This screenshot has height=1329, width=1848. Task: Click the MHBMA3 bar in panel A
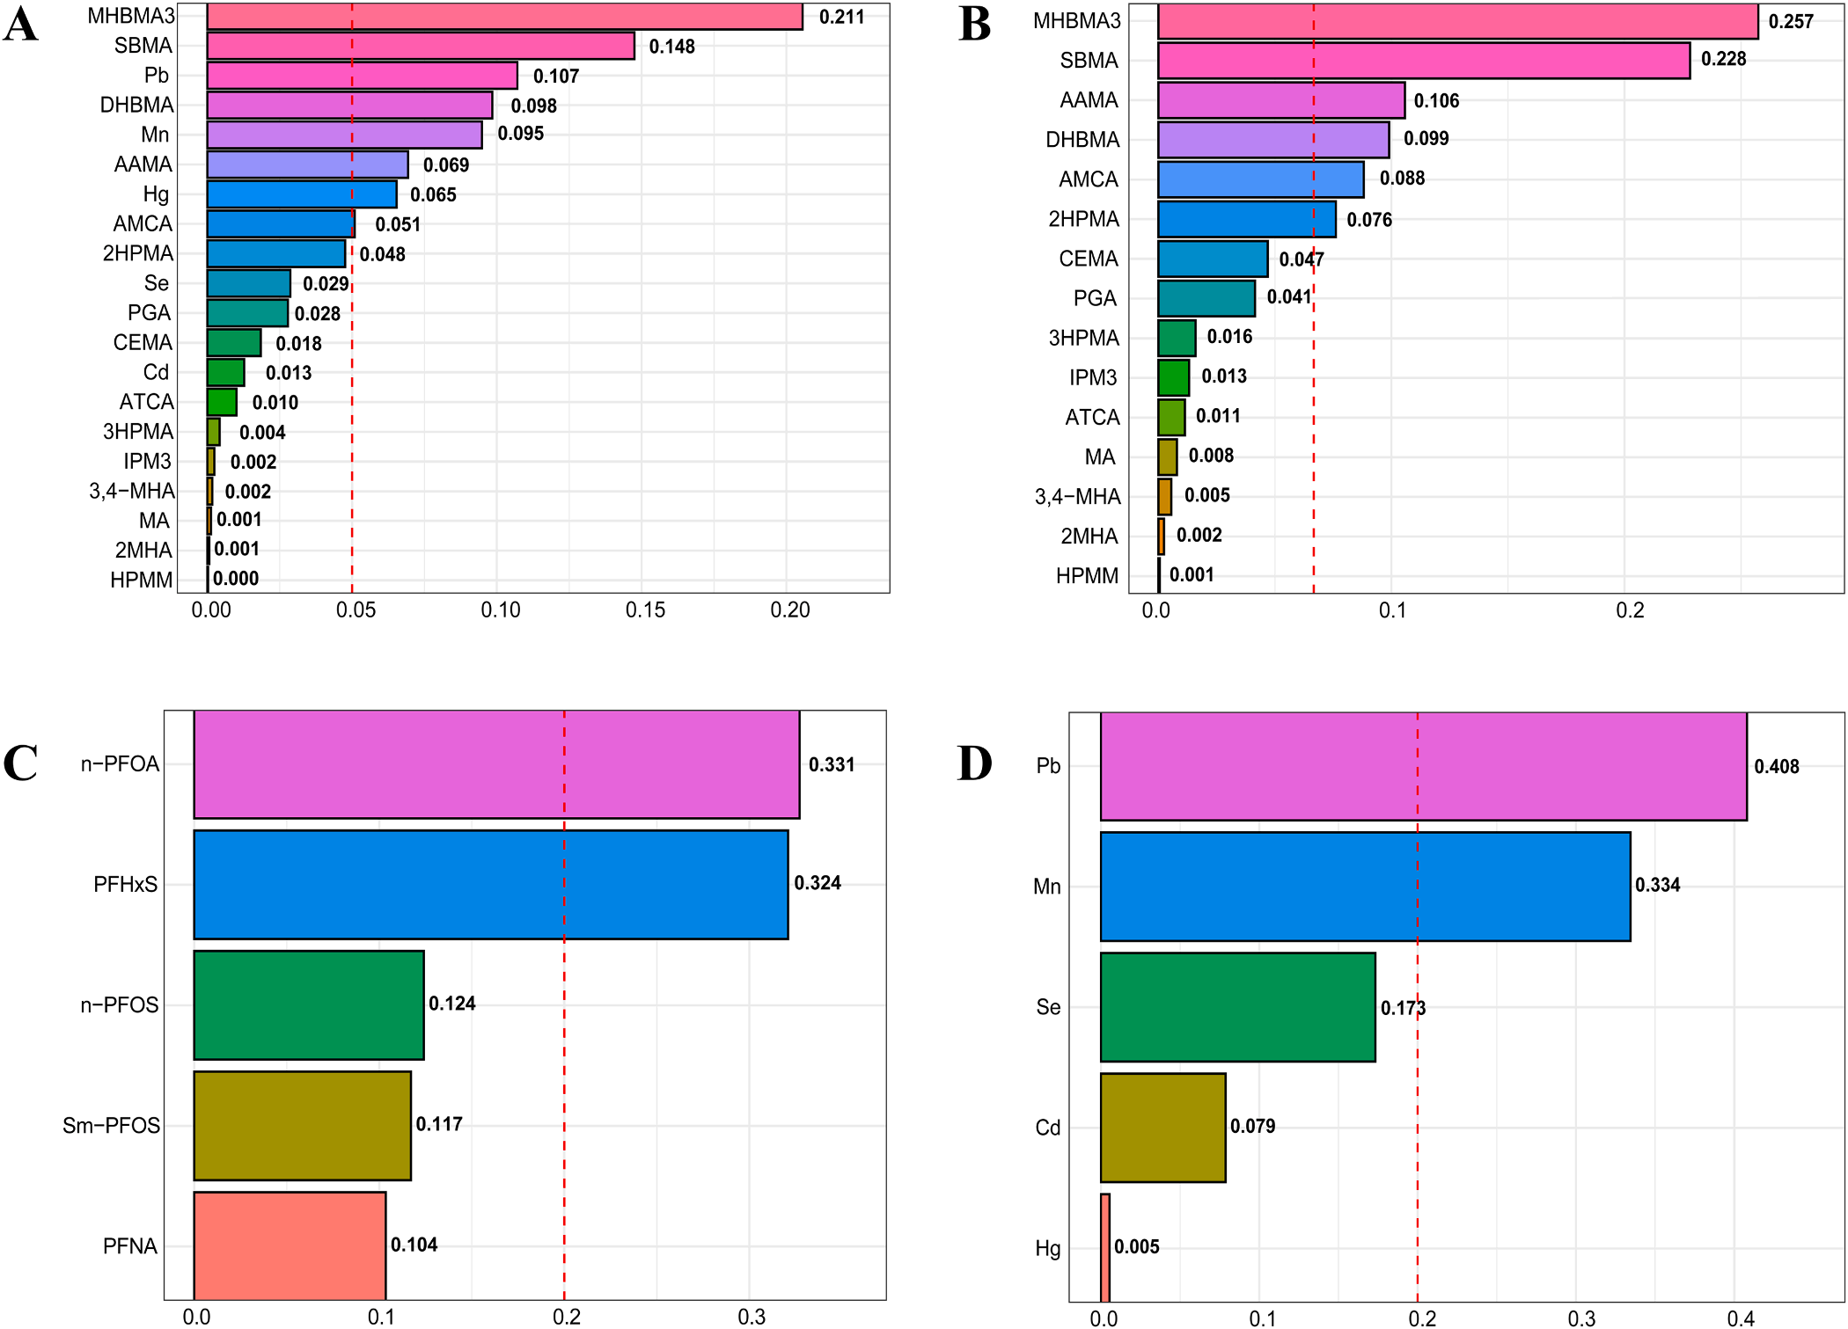coord(504,17)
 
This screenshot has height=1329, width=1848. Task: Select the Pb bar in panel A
coord(362,76)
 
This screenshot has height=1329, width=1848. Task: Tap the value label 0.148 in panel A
coord(671,47)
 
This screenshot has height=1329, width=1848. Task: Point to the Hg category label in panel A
coord(156,194)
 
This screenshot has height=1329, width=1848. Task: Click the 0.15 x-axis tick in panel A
coord(645,610)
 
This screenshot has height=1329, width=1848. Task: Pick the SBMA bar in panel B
coord(1423,61)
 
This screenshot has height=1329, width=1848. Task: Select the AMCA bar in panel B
coord(1260,179)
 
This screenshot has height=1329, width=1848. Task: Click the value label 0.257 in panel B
coord(1791,22)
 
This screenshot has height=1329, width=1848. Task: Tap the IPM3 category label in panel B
coord(1092,377)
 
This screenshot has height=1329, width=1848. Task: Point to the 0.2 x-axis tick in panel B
coord(1630,610)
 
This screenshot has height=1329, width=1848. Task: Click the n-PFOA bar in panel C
coord(496,764)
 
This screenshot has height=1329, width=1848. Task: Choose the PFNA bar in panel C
coord(290,1245)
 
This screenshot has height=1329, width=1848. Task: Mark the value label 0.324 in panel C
coord(818,883)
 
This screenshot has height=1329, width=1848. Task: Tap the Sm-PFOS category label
coord(111,1126)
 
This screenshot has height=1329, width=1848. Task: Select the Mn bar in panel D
coord(1365,887)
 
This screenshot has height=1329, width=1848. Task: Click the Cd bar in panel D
coord(1162,1128)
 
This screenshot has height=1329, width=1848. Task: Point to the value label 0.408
coord(1776,767)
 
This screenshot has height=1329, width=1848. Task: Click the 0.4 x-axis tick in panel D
coord(1740,1318)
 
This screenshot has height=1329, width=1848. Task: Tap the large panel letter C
coord(20,763)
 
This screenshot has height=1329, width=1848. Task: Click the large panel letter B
coord(974,24)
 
